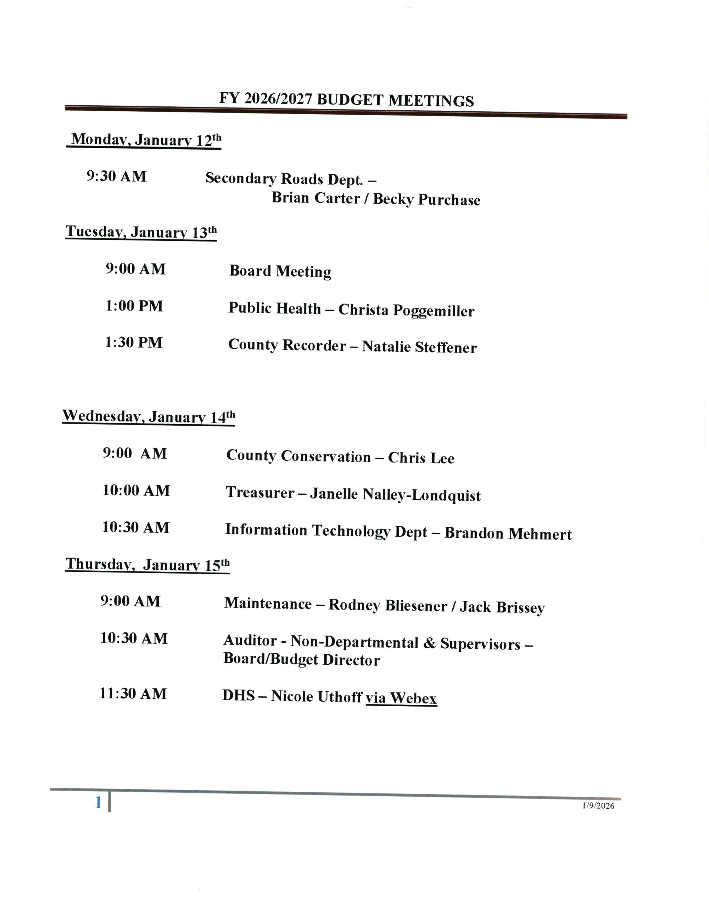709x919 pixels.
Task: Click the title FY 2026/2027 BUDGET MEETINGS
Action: pyautogui.click(x=346, y=100)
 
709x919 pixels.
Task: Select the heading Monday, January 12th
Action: pyautogui.click(x=145, y=140)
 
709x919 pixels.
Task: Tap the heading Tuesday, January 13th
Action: pyautogui.click(x=141, y=232)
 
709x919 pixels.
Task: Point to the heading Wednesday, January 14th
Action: pyautogui.click(x=149, y=416)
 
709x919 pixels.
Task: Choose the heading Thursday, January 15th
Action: pyautogui.click(x=147, y=565)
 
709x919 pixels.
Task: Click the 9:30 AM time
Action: pyautogui.click(x=117, y=176)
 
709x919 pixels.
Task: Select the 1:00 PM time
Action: pyautogui.click(x=134, y=306)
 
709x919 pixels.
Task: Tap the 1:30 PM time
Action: pyautogui.click(x=133, y=343)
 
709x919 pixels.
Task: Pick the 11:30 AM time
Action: pyautogui.click(x=133, y=693)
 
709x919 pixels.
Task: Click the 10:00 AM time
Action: pyautogui.click(x=136, y=491)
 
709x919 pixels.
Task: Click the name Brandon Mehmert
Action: pyautogui.click(x=508, y=533)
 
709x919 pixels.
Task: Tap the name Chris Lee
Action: pyautogui.click(x=421, y=458)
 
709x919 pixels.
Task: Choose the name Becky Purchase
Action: pyautogui.click(x=426, y=199)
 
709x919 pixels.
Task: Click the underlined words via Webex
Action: pyautogui.click(x=401, y=698)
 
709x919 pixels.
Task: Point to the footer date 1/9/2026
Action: pyautogui.click(x=598, y=805)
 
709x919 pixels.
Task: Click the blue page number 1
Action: pyautogui.click(x=98, y=802)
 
